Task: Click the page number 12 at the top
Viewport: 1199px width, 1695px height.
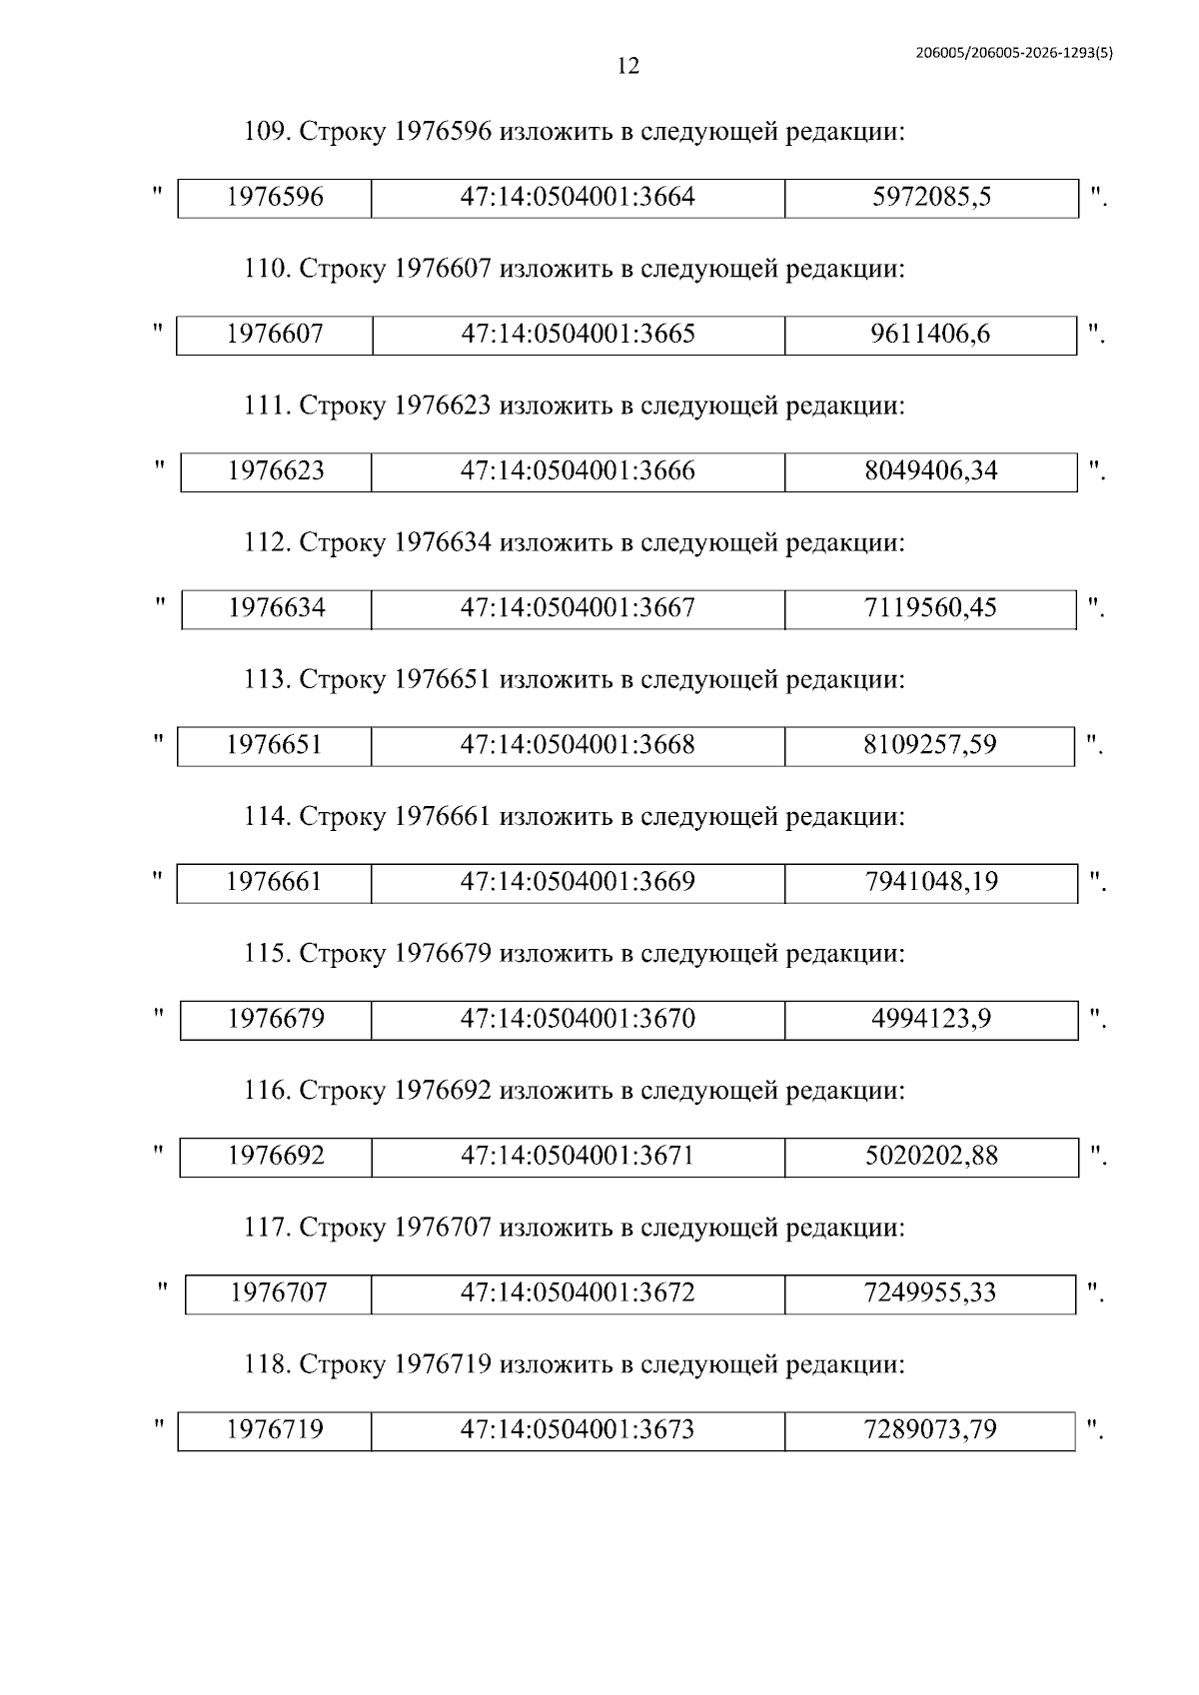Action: click(x=628, y=67)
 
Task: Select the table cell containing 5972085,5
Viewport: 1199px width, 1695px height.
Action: click(x=931, y=198)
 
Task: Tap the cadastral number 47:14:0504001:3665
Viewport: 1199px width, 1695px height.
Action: click(x=578, y=335)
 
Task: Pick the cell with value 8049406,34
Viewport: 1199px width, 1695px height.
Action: click(x=930, y=471)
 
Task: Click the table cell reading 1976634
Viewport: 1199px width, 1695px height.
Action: click(x=276, y=608)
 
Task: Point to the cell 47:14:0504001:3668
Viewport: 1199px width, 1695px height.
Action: click(x=578, y=745)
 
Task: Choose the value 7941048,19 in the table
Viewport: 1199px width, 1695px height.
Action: click(x=930, y=882)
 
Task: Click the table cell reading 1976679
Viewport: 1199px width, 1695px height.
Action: click(x=276, y=1019)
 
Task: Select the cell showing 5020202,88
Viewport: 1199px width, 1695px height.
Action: click(x=930, y=1156)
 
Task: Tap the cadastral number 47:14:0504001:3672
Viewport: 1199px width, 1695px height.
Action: click(x=578, y=1292)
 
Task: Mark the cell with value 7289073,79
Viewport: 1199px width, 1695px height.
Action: click(x=930, y=1429)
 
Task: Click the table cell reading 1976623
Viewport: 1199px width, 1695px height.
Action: click(x=276, y=471)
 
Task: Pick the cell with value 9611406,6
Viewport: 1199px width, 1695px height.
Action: click(x=930, y=335)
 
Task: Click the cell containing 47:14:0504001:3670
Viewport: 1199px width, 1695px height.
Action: click(x=578, y=1019)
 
